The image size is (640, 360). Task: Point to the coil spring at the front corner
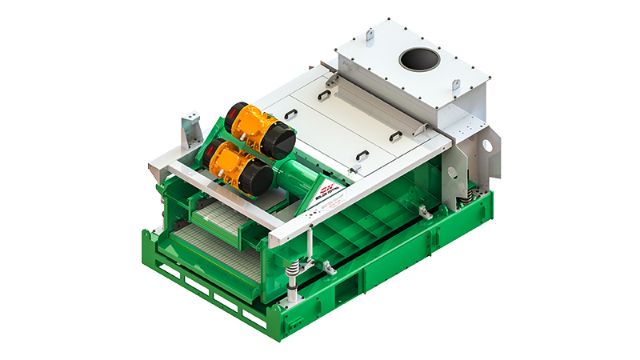tap(294, 268)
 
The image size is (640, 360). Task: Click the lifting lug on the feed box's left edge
tap(369, 35)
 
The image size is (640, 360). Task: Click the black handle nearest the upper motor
tap(323, 95)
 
